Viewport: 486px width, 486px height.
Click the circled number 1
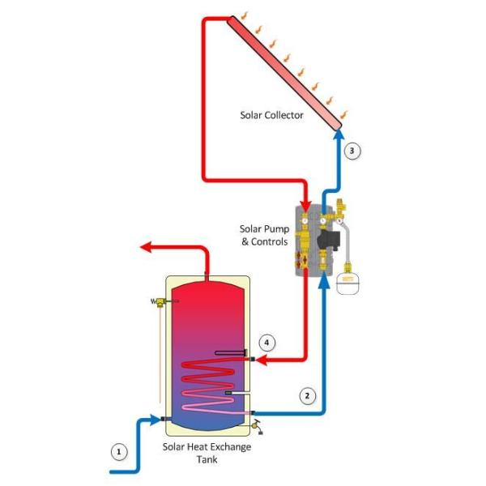120,451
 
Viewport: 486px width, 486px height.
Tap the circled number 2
307,396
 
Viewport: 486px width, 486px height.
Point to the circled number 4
267,343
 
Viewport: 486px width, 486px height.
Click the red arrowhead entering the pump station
305,203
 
